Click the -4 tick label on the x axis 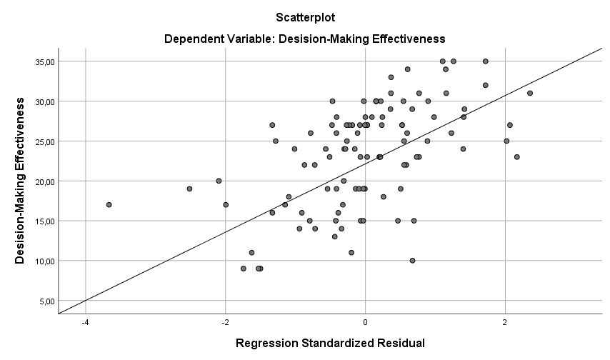click(x=85, y=322)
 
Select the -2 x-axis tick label click(x=225, y=322)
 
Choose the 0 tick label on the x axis click(x=365, y=322)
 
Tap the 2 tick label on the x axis click(x=505, y=322)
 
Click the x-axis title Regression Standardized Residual click(x=330, y=344)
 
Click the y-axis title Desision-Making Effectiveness click(x=20, y=181)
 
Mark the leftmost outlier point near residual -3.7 click(x=109, y=205)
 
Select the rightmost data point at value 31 click(x=530, y=93)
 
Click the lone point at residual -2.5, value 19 click(x=189, y=189)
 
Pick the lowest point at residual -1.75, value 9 click(x=243, y=269)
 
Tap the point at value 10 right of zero click(x=412, y=261)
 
